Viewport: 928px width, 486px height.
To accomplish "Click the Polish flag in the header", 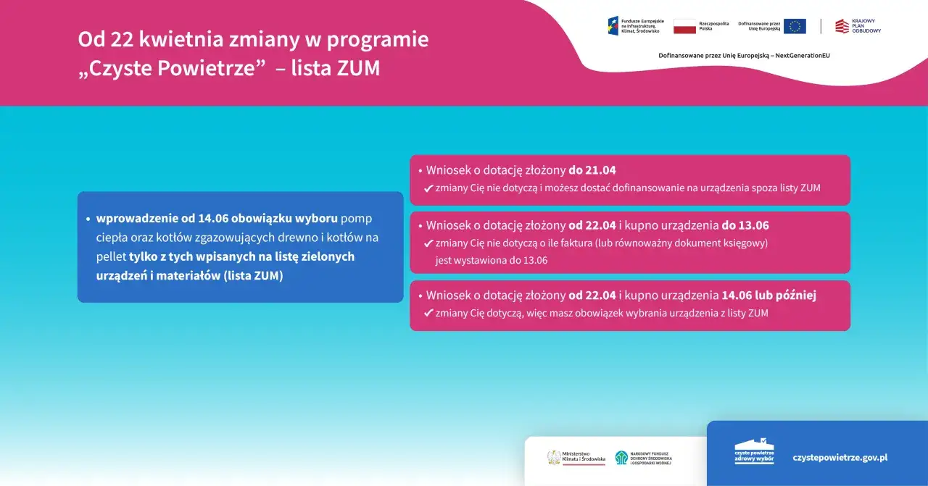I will [x=684, y=27].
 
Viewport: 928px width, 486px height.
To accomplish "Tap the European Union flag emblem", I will [x=795, y=27].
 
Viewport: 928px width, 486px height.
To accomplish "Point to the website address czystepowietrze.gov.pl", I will [x=840, y=458].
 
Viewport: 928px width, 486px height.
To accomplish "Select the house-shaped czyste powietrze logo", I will [x=754, y=452].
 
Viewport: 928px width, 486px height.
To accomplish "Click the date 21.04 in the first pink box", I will [x=601, y=171].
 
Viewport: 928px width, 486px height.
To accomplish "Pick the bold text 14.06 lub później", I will [x=768, y=296].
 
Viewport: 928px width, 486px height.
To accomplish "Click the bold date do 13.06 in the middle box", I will [x=745, y=225].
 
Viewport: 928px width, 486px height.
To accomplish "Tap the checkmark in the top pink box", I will [x=428, y=188].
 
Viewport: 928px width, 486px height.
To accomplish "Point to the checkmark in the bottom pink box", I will [x=428, y=314].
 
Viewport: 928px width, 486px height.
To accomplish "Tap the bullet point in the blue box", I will [x=88, y=219].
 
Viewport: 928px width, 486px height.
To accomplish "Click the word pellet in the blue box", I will [x=111, y=256].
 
